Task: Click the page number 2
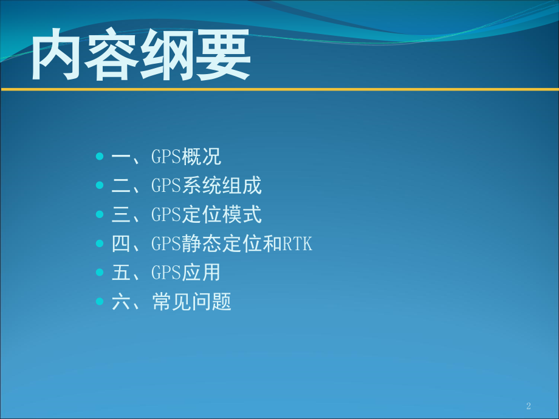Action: [528, 406]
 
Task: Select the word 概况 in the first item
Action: [202, 158]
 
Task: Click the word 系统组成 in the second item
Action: [222, 186]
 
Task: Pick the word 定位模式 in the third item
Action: [222, 215]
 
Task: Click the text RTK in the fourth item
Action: [297, 244]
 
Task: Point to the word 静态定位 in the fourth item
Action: [222, 244]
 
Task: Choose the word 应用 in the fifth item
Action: [202, 273]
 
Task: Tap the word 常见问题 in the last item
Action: [192, 302]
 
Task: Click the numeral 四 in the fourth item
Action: [122, 244]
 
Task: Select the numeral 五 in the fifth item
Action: [122, 273]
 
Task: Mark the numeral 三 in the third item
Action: [122, 215]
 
